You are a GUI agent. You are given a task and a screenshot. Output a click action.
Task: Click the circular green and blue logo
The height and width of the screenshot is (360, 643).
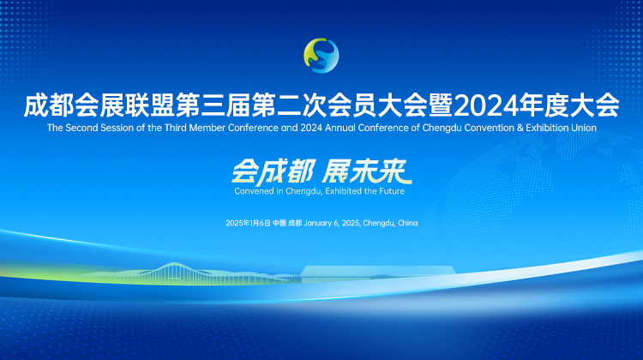(x=321, y=56)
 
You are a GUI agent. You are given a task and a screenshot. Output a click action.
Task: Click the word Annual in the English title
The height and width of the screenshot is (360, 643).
(x=340, y=128)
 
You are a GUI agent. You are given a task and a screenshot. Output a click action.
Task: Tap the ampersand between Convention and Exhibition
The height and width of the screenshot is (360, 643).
(x=520, y=128)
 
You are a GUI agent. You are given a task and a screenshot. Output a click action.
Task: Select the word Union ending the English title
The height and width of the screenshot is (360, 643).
(x=584, y=128)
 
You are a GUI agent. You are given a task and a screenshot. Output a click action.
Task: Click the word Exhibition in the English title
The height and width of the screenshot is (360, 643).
(x=548, y=128)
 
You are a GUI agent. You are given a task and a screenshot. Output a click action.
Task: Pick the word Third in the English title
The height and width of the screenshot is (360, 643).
(x=176, y=128)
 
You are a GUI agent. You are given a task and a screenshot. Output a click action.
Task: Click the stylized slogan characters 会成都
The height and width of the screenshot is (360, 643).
(x=273, y=171)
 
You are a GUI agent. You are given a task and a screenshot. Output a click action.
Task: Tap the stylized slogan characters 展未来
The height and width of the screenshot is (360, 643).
(x=367, y=171)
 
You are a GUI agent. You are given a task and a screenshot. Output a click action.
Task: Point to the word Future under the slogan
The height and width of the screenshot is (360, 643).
(x=392, y=191)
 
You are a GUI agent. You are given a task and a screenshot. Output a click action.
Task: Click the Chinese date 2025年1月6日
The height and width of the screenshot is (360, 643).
(x=248, y=223)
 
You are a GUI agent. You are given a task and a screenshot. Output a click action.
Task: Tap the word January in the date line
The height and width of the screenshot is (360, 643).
(x=318, y=224)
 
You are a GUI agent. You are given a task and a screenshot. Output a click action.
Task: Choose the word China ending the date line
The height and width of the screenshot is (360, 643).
(x=407, y=223)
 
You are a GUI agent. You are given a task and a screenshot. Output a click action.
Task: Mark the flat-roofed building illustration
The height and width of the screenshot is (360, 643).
(x=377, y=273)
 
